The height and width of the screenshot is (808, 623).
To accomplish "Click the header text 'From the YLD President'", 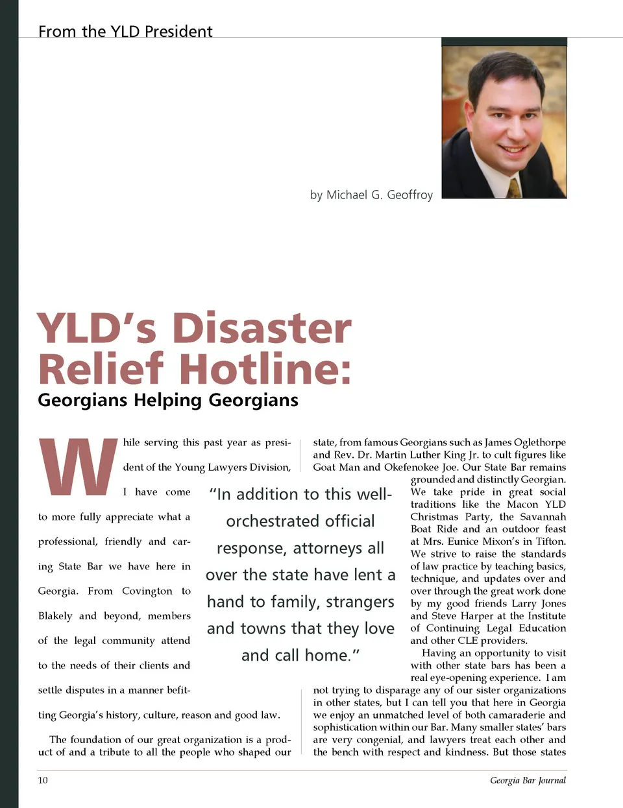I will coord(125,31).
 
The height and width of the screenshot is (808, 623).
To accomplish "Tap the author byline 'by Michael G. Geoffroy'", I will coord(371,195).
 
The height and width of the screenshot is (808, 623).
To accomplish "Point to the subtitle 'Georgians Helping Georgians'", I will coord(168,400).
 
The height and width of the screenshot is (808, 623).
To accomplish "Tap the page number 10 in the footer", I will coord(43,780).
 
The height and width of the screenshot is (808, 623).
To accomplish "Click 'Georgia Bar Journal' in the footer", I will coord(528,780).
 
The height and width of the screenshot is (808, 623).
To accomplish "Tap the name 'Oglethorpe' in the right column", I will coord(540,442).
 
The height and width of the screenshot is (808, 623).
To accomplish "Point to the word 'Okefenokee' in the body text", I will coord(411,467).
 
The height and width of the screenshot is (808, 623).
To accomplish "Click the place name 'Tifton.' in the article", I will coord(551,541).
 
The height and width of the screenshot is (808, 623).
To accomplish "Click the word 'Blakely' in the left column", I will coord(55,616).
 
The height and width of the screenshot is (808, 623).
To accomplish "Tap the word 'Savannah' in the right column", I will coord(543,517).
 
